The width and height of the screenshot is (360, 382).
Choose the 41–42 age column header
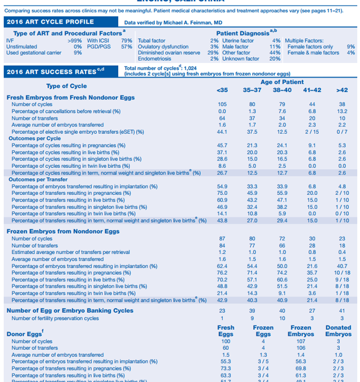[312, 90]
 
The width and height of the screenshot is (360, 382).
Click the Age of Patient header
[282, 83]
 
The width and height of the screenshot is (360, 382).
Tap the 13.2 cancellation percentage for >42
[342, 111]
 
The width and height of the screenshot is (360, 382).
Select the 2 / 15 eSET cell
[312, 131]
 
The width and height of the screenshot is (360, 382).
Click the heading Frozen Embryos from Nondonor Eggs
[63, 231]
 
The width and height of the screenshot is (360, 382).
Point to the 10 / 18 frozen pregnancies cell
[342, 272]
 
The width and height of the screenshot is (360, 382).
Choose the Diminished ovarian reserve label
[169, 53]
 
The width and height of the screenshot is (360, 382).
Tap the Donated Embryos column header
[338, 331]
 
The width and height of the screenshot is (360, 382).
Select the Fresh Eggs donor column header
[226, 331]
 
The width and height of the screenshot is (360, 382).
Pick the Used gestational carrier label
[34, 53]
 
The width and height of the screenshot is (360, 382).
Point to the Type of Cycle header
[66, 86]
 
